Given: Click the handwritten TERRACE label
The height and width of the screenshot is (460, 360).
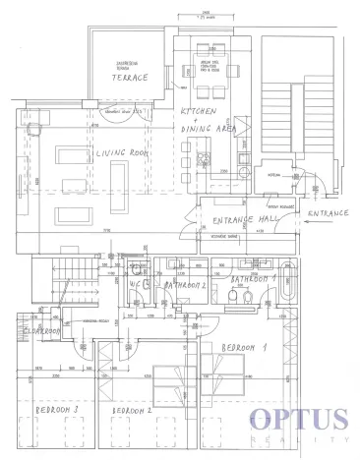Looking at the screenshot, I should pyautogui.click(x=130, y=77).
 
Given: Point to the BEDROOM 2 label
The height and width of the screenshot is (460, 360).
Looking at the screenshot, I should pyautogui.click(x=133, y=410).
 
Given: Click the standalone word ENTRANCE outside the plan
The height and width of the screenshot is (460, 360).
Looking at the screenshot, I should pyautogui.click(x=327, y=212).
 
